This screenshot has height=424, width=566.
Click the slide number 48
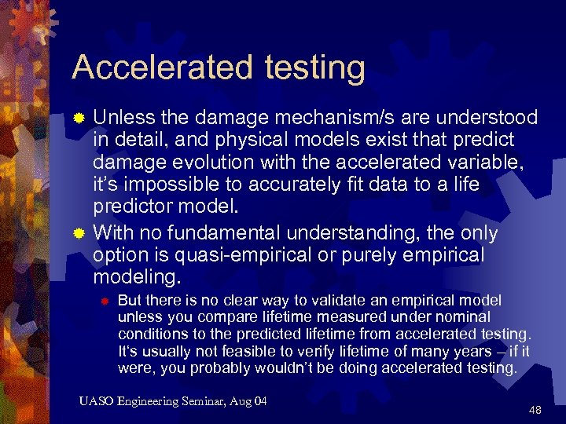tap(536, 409)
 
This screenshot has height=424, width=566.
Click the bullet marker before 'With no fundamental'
tap(79, 234)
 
